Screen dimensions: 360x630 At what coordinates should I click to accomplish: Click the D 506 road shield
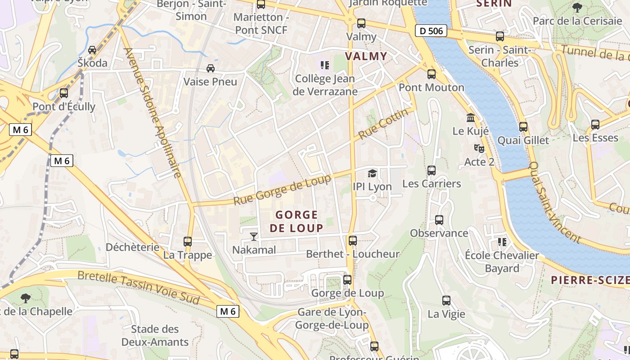tap(431, 31)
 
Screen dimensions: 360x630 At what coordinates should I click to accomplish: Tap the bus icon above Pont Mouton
tap(432, 74)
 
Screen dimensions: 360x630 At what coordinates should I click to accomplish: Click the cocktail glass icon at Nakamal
tap(254, 236)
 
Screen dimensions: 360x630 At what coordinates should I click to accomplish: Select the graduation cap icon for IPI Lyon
tap(372, 173)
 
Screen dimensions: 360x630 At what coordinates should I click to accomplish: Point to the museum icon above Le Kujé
tap(471, 118)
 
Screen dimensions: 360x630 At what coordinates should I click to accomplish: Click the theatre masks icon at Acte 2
tap(479, 148)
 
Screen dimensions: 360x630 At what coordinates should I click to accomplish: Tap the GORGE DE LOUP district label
tap(297, 221)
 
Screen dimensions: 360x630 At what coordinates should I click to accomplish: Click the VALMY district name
tap(366, 56)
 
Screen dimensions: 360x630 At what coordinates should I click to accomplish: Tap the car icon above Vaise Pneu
tap(210, 68)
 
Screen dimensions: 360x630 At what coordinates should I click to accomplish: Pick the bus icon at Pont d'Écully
tap(64, 93)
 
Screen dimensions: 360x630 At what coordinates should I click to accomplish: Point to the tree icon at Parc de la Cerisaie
tap(577, 8)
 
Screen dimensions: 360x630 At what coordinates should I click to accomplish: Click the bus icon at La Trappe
tap(188, 242)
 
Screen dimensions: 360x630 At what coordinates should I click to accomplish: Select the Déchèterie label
tap(132, 247)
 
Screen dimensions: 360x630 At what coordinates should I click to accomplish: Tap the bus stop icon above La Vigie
tap(446, 301)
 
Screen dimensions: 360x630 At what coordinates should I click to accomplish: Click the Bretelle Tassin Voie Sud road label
tap(139, 287)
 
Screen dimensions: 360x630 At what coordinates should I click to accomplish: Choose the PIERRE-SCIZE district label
tap(590, 280)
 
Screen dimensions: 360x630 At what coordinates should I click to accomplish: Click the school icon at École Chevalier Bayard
tap(502, 243)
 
